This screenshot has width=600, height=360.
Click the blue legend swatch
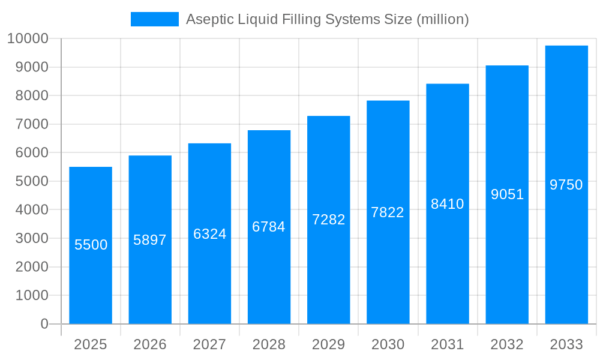[x=154, y=19]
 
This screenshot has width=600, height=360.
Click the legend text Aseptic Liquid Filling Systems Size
[x=327, y=19]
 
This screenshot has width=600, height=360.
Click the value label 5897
[x=150, y=240]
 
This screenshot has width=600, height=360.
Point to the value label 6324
[x=209, y=234]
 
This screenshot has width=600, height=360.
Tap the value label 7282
[x=328, y=220]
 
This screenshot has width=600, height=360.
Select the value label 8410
[x=447, y=204]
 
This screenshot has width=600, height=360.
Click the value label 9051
[x=507, y=194]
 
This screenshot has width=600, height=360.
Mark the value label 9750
[x=566, y=185]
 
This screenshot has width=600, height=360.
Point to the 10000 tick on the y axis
[x=28, y=39]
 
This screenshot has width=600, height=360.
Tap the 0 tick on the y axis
[x=44, y=324]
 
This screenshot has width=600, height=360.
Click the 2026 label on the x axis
[x=150, y=344]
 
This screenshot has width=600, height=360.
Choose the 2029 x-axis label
[x=328, y=344]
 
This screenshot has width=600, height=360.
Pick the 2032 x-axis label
[x=507, y=344]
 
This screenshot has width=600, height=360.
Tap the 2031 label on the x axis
[x=447, y=344]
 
